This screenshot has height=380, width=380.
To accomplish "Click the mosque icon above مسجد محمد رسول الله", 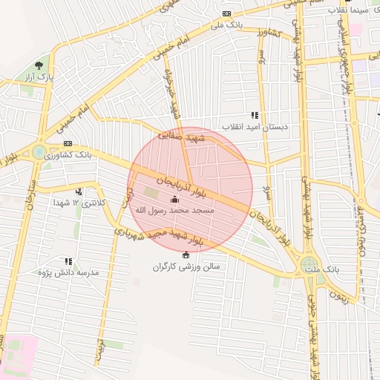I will [175, 199].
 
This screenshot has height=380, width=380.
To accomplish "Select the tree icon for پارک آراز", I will [48, 65].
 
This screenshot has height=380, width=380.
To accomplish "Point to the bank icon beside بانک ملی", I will [226, 14].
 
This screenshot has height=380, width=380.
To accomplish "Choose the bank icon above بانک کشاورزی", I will [68, 144].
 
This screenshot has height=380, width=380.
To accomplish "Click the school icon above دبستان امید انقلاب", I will [255, 115].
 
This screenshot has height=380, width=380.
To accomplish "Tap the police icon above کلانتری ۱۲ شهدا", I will [79, 191].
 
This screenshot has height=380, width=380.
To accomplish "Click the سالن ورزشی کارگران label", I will [187, 266].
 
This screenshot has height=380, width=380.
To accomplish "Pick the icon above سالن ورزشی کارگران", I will [186, 255].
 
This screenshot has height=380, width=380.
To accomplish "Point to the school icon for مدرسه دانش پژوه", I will [68, 261].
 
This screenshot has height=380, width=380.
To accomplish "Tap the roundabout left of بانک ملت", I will [309, 263].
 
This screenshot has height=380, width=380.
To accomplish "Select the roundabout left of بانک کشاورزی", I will [38, 153].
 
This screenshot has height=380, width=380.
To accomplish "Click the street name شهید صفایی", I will [206, 139].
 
